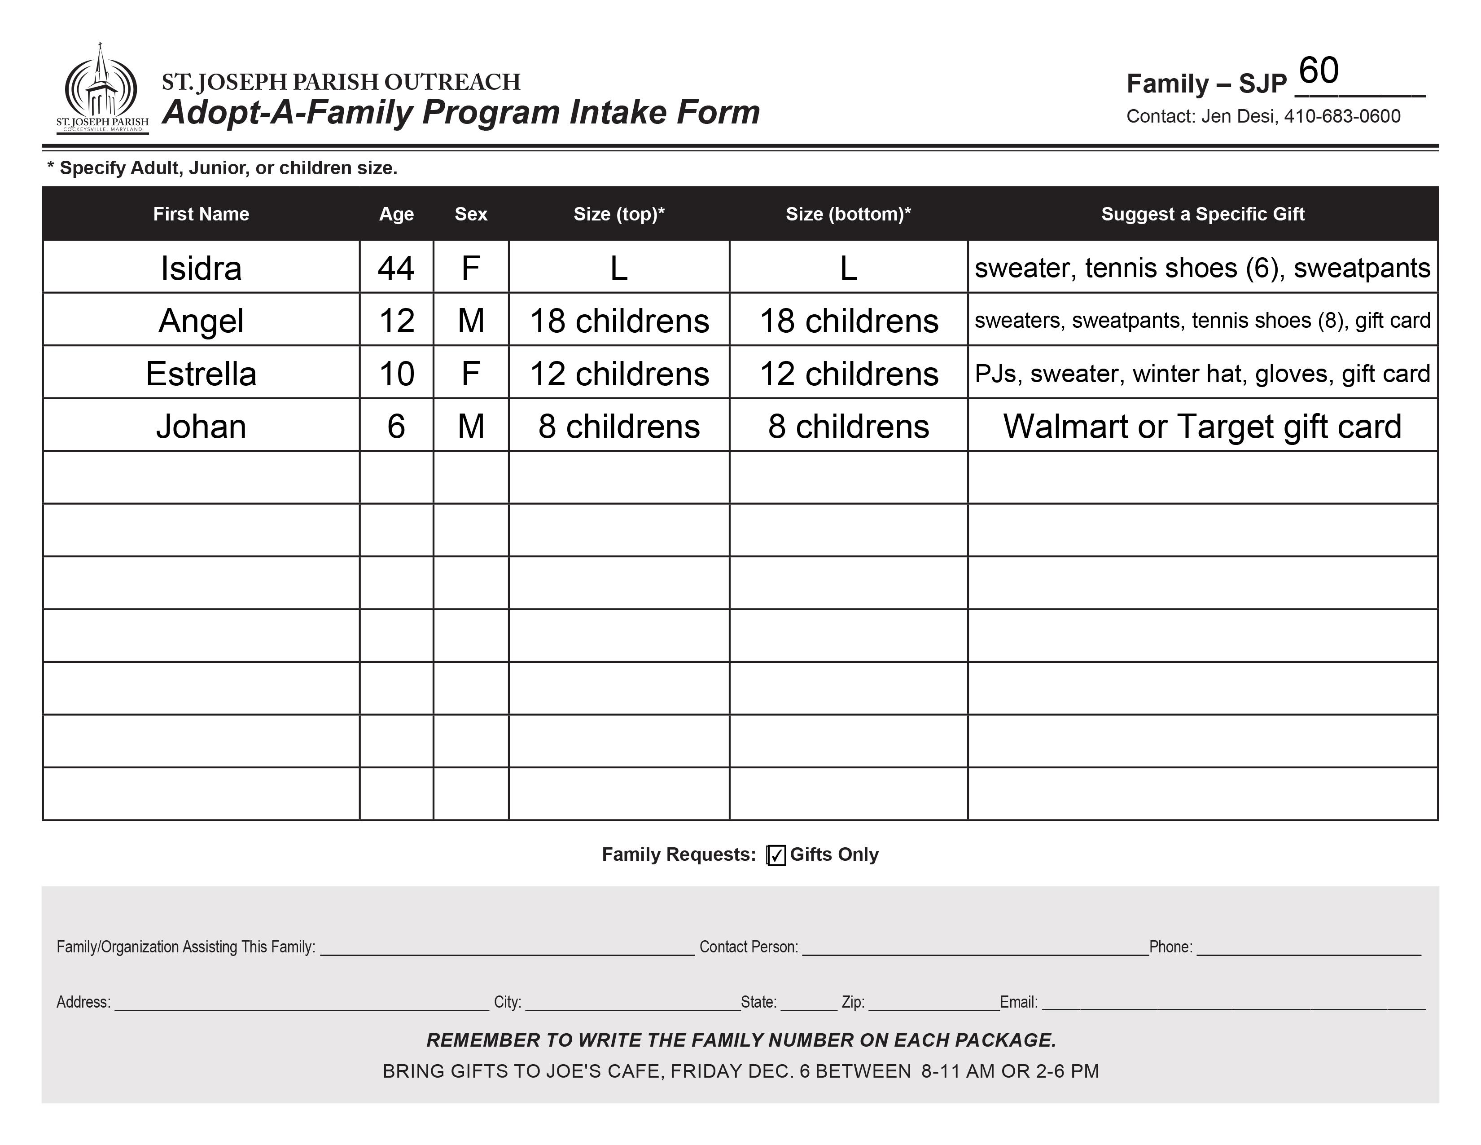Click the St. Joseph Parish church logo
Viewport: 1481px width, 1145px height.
point(102,88)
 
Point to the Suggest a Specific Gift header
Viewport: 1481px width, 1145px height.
point(1202,214)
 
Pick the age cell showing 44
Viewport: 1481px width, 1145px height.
point(396,268)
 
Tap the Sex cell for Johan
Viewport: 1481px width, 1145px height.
point(471,427)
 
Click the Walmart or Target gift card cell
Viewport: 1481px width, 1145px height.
point(1202,427)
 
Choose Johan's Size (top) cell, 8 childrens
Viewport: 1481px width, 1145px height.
point(618,427)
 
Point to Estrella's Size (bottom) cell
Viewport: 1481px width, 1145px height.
point(848,374)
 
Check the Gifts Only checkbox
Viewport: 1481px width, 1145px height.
point(776,855)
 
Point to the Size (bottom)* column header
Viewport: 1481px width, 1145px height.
point(848,214)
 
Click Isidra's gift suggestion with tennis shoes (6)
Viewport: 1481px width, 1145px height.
point(1202,268)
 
